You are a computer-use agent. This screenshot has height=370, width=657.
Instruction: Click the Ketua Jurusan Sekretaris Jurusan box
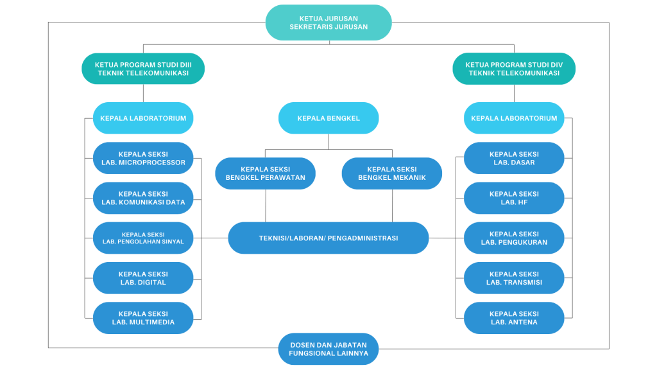(328, 22)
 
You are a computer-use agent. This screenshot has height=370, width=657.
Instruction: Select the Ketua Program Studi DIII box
(143, 69)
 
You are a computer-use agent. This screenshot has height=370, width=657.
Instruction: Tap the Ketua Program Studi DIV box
(514, 69)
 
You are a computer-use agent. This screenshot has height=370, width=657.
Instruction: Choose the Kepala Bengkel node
(328, 118)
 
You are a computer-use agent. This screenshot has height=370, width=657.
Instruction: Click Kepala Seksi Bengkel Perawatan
(265, 173)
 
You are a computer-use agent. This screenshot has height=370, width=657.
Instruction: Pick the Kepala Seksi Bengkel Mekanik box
(392, 173)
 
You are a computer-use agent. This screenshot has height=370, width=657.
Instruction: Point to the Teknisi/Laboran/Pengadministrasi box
(328, 238)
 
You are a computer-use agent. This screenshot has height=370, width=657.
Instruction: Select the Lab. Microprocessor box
(143, 158)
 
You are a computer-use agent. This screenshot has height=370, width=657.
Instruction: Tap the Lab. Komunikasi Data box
(143, 198)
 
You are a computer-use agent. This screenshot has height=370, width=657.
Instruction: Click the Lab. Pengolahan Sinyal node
(143, 238)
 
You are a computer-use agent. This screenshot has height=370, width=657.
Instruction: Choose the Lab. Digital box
(143, 278)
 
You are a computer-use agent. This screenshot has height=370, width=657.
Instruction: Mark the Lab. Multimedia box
(143, 318)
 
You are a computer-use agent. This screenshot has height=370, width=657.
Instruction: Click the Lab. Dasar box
(514, 158)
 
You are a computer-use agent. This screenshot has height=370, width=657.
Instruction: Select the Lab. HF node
(514, 198)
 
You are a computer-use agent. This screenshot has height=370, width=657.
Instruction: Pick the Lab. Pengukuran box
(514, 238)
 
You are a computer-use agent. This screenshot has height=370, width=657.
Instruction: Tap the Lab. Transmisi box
(514, 278)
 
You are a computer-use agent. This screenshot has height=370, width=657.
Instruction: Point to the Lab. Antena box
(514, 318)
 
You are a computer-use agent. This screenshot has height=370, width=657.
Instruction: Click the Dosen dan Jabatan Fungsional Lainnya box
(328, 349)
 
